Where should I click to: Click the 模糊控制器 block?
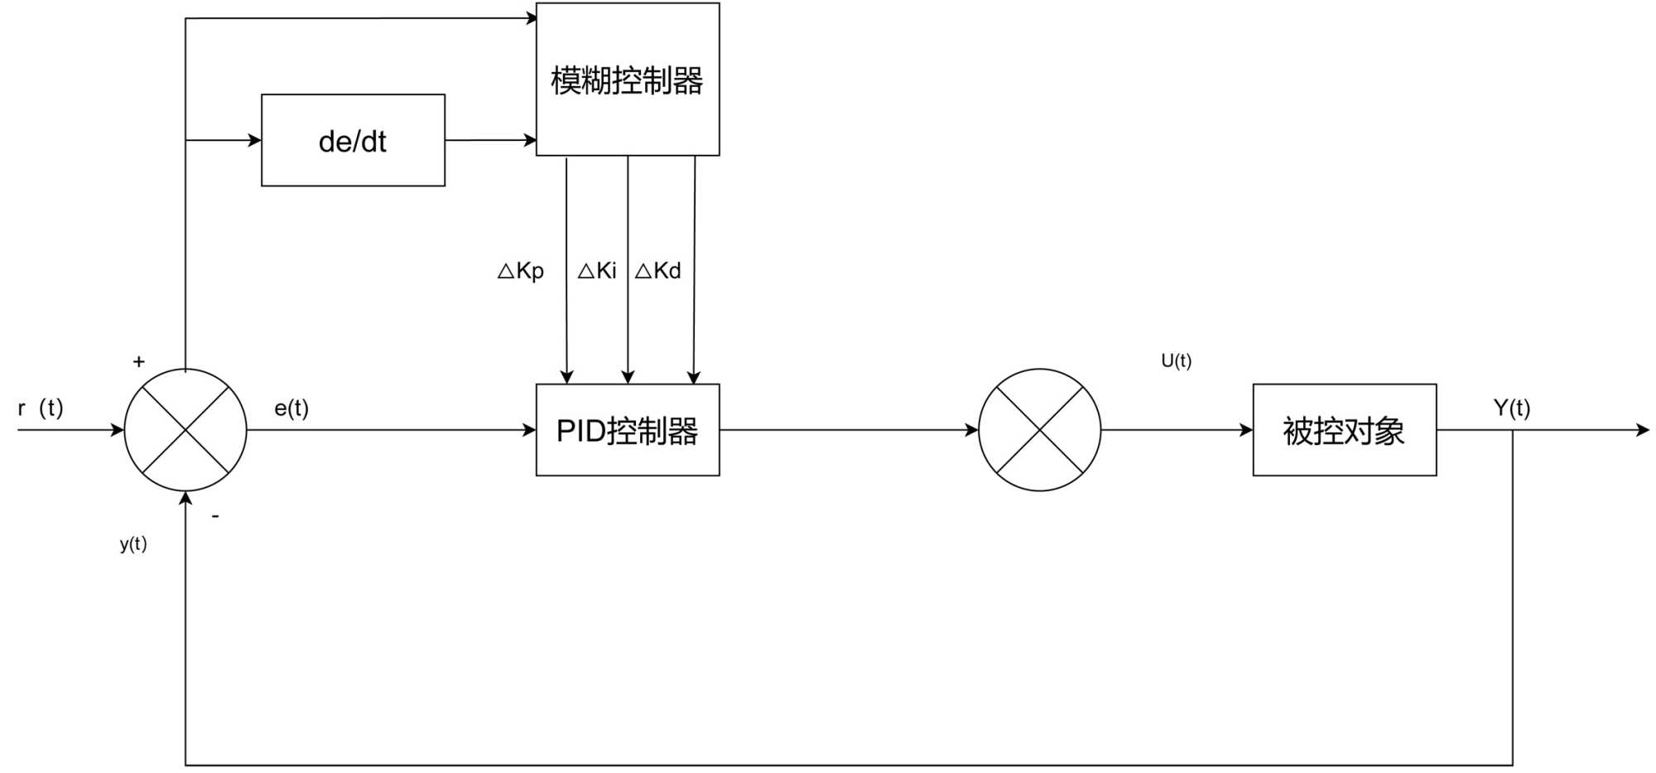coord(628,80)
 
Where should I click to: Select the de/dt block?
coord(353,141)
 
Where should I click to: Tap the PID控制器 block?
coord(628,430)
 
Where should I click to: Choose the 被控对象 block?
coord(1344,430)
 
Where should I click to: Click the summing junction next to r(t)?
coord(185,430)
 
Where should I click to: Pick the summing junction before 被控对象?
coord(1039,430)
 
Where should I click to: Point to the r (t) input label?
coord(41,408)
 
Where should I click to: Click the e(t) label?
coord(291,408)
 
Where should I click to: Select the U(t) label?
coord(1176,360)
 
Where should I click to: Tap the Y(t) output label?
coord(1511,408)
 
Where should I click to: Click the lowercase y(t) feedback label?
coord(133,544)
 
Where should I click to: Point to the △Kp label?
coord(521,271)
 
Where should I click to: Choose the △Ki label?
coord(597,271)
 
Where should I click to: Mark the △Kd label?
coord(658,271)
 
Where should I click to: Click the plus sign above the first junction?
coord(139,361)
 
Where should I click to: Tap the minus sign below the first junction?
coord(215,516)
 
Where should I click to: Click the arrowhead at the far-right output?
coord(1643,430)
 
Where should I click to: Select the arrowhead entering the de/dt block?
coord(254,140)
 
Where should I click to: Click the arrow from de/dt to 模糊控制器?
coord(490,140)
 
